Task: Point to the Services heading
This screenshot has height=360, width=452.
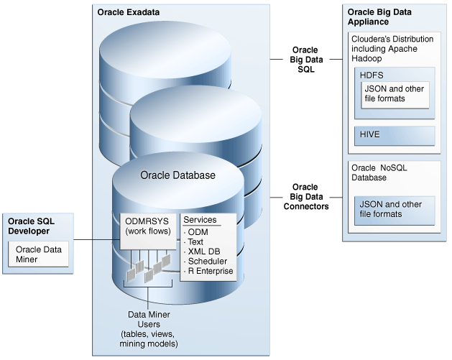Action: point(200,219)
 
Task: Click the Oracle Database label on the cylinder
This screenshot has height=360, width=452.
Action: point(177,175)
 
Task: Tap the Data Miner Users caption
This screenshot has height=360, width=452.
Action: point(149,323)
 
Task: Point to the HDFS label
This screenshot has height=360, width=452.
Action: point(372,75)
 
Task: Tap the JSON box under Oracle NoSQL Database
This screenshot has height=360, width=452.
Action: point(394,208)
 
